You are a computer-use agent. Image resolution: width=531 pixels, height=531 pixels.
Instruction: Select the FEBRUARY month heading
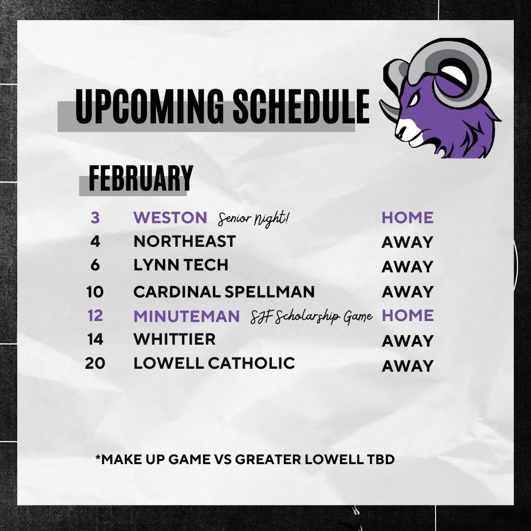pos(141,178)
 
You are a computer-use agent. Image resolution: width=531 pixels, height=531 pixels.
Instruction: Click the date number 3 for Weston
pos(95,217)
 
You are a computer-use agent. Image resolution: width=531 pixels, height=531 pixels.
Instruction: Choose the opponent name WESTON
pos(170,217)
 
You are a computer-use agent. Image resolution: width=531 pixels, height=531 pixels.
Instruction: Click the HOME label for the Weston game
pos(408,217)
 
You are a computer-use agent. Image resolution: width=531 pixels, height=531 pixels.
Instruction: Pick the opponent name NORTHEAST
pos(184,241)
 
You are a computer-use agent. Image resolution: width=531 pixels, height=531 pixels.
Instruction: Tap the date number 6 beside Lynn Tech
pos(95,265)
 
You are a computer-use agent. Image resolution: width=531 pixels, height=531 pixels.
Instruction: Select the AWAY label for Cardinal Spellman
pos(408,292)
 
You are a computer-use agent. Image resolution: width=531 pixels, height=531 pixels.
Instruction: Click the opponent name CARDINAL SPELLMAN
pos(224,292)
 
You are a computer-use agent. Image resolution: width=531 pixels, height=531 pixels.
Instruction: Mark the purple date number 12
pos(94,316)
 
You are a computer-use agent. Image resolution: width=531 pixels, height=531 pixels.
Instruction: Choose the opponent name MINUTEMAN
pos(186,316)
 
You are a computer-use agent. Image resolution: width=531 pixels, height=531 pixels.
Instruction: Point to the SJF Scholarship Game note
pos(311,317)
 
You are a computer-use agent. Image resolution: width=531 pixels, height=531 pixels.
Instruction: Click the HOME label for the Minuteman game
pos(408,316)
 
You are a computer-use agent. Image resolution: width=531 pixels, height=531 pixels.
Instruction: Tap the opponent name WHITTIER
pos(175,339)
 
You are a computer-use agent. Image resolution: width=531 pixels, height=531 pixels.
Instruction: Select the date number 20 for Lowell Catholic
pos(94,363)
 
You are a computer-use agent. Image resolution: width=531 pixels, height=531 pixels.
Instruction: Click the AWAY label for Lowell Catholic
pos(408,366)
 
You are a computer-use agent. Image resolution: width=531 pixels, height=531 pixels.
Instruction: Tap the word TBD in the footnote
pos(381,460)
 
